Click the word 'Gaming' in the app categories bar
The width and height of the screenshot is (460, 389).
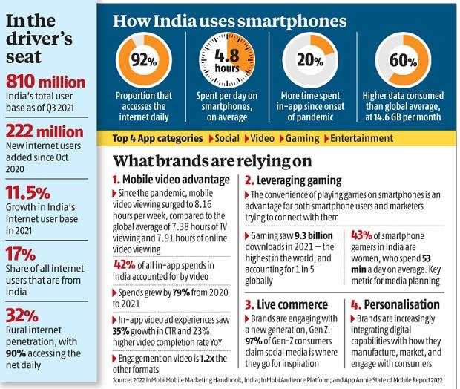[x=300, y=138]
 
